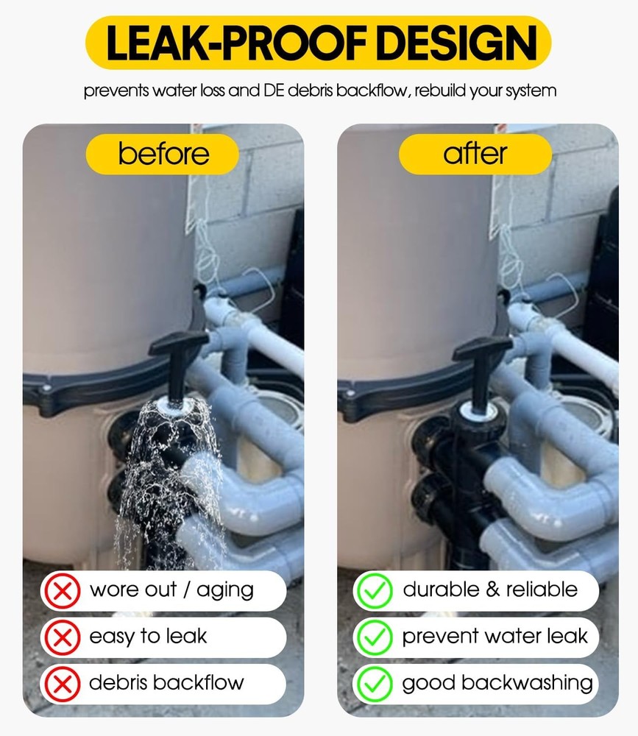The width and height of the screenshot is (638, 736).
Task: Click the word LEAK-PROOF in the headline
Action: [237, 43]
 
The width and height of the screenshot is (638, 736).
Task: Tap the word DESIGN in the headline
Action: [457, 43]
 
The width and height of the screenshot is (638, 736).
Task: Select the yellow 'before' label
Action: [163, 154]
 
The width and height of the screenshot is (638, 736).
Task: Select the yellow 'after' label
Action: [475, 154]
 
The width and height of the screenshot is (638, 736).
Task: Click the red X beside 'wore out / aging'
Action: [62, 590]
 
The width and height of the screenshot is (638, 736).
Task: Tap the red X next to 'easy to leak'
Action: [62, 637]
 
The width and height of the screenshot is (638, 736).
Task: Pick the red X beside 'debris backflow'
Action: [62, 684]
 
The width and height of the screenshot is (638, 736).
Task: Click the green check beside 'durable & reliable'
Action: [374, 590]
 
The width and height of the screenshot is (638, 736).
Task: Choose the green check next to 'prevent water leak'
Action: [374, 637]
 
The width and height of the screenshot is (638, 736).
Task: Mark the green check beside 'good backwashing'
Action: [374, 684]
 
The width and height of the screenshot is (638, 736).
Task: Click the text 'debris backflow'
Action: [166, 682]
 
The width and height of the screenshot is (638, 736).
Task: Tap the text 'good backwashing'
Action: [497, 684]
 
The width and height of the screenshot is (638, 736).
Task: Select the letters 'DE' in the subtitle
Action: [274, 90]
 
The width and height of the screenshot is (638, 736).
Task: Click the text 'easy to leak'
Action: [148, 637]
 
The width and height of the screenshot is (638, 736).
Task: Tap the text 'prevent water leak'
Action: [495, 636]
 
